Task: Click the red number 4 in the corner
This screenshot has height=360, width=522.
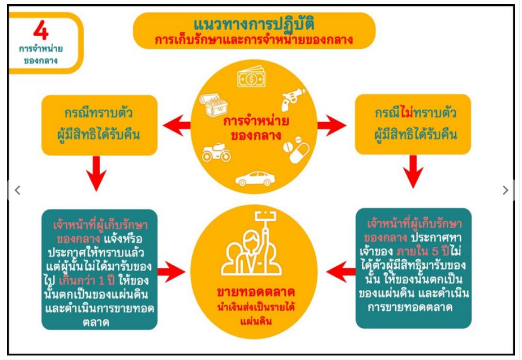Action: click(x=41, y=31)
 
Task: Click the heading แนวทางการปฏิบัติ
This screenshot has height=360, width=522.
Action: click(x=254, y=24)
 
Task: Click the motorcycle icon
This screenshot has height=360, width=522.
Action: click(x=216, y=152)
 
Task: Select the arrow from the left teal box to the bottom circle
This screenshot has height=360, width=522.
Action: click(x=171, y=272)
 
